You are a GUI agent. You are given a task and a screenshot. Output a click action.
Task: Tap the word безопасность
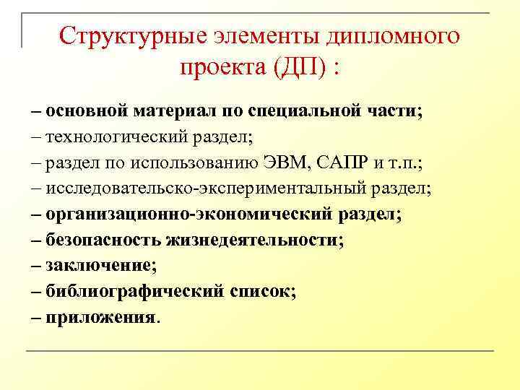(x=103, y=240)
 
